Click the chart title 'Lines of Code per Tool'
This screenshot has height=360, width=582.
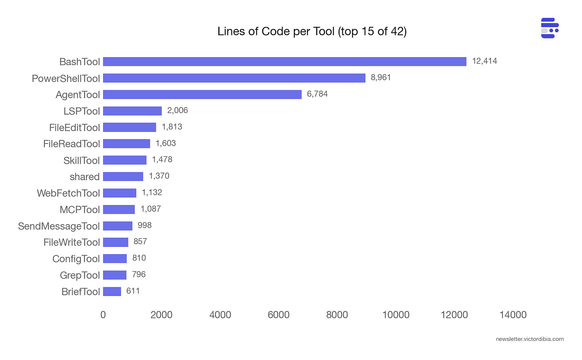pyautogui.click(x=312, y=31)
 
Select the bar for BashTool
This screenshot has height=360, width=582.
pyautogui.click(x=285, y=62)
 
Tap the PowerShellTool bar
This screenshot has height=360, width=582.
pyautogui.click(x=234, y=78)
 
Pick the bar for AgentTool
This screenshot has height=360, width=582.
pyautogui.click(x=202, y=94)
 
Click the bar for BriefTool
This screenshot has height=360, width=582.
pyautogui.click(x=112, y=292)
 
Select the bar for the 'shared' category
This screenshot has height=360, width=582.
pyautogui.click(x=123, y=177)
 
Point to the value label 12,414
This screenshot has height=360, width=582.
pyautogui.click(x=484, y=61)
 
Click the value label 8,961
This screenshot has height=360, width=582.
pyautogui.click(x=381, y=78)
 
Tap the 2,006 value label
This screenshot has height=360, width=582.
pyautogui.click(x=177, y=110)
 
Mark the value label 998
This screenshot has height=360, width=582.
pyautogui.click(x=144, y=225)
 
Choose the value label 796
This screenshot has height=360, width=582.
pyautogui.click(x=139, y=274)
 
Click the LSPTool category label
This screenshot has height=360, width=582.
pyautogui.click(x=82, y=111)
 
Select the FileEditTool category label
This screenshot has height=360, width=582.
pyautogui.click(x=74, y=127)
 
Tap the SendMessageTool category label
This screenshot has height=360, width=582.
pyautogui.click(x=59, y=226)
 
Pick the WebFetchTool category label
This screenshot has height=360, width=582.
pyautogui.click(x=68, y=193)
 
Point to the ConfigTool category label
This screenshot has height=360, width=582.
pyautogui.click(x=76, y=259)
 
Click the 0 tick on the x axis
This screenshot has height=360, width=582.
pyautogui.click(x=103, y=315)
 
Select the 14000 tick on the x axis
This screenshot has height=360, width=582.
pyautogui.click(x=513, y=315)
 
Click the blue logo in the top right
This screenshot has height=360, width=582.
pyautogui.click(x=550, y=28)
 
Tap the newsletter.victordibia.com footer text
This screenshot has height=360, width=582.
pyautogui.click(x=530, y=339)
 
